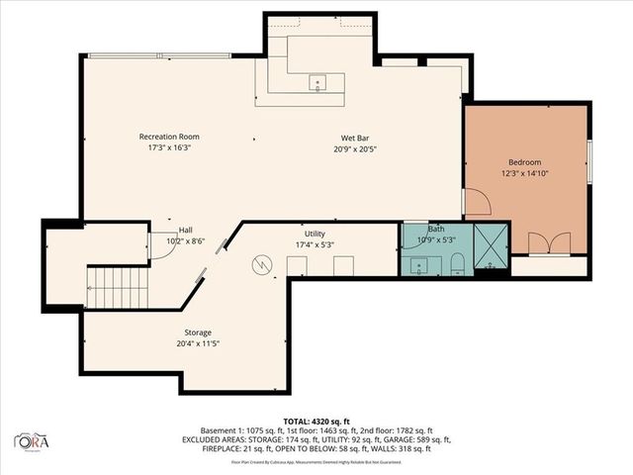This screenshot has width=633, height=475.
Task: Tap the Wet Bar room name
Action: point(355,138)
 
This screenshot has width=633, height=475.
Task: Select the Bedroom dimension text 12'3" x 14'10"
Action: point(524,172)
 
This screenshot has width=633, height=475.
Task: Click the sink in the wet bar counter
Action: point(317,81)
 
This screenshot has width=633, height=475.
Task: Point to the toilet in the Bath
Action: point(457,262)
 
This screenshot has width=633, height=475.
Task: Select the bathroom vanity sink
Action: point(419,263)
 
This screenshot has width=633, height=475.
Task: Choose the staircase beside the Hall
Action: point(117,288)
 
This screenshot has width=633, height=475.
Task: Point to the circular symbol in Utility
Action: point(262,265)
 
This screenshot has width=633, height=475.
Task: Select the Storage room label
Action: point(197,332)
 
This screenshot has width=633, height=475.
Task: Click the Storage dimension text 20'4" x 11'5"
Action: point(197,343)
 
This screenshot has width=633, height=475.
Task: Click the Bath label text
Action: point(422,229)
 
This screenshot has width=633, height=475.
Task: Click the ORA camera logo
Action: point(33,438)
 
